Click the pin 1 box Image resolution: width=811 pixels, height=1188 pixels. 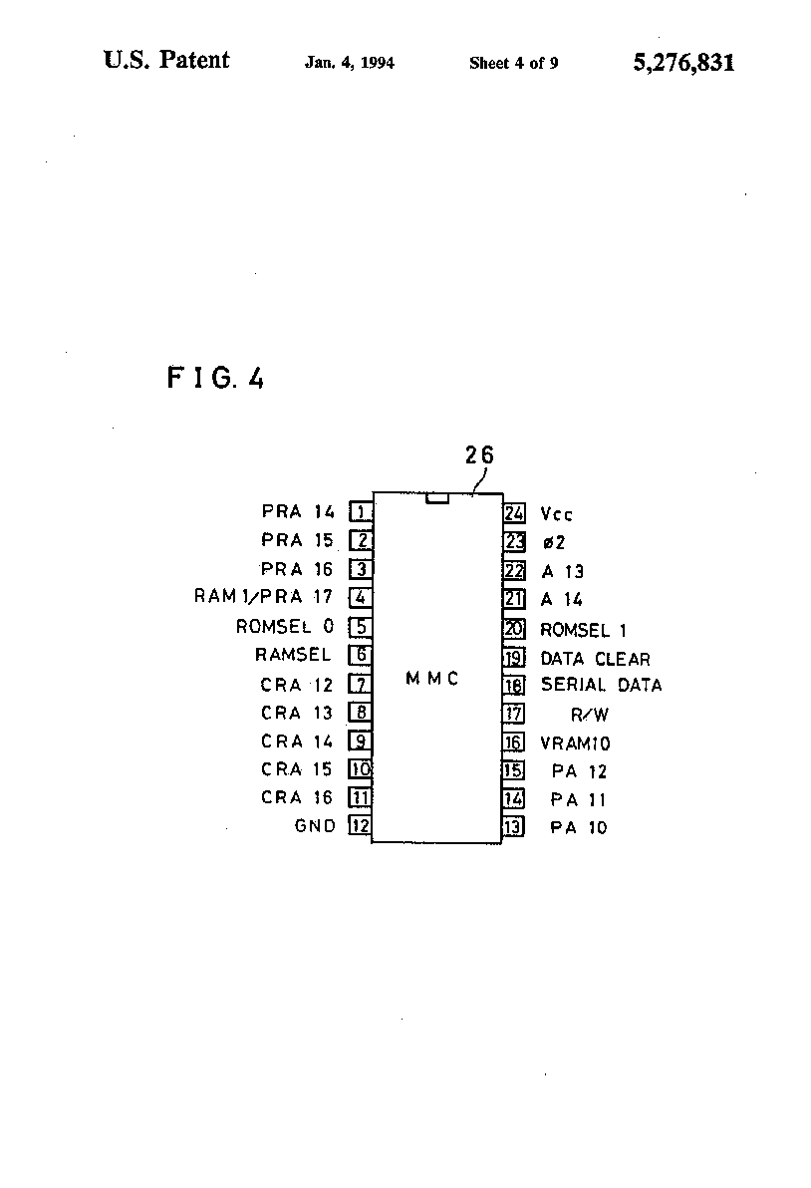(x=361, y=512)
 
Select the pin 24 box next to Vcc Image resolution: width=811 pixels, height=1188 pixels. (x=514, y=513)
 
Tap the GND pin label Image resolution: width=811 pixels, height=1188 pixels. (x=314, y=826)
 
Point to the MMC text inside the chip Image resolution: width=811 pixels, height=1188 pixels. (x=432, y=678)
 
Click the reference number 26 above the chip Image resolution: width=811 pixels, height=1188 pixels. (x=479, y=454)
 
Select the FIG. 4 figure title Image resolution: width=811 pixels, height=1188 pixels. (x=216, y=378)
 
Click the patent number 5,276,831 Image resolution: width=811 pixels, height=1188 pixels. (x=683, y=62)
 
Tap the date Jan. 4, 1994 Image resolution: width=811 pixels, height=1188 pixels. (x=350, y=63)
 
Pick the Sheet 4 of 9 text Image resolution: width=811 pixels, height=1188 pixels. (x=513, y=63)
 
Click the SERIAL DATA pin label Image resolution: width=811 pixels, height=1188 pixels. (x=601, y=685)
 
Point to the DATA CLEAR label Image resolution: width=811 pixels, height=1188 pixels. (x=595, y=659)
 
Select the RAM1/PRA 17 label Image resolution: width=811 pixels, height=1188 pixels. (x=263, y=596)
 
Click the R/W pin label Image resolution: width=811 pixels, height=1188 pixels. (x=590, y=715)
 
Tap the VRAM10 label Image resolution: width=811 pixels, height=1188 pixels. (x=575, y=743)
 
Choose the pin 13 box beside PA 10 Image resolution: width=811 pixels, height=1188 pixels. (x=513, y=826)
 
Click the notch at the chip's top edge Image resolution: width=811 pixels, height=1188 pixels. (x=437, y=498)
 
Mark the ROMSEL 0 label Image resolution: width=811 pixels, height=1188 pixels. (x=285, y=627)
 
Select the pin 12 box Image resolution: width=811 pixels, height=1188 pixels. (x=360, y=825)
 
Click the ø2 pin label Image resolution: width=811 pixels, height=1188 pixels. (x=554, y=542)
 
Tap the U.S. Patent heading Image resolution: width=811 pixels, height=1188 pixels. (x=166, y=60)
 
